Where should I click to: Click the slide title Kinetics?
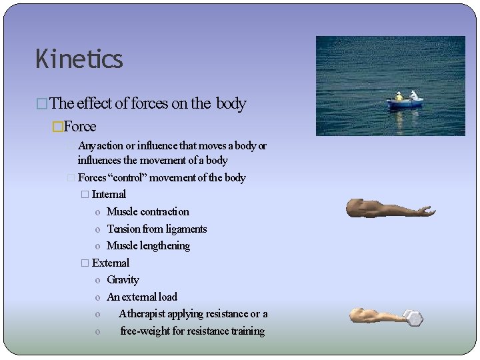pyautogui.click(x=79, y=59)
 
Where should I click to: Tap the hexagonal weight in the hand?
pyautogui.click(x=413, y=318)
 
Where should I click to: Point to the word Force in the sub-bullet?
pyautogui.click(x=80, y=127)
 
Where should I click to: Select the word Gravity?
pyautogui.click(x=123, y=280)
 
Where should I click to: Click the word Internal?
pyautogui.click(x=109, y=195)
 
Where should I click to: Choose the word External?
pyautogui.click(x=111, y=263)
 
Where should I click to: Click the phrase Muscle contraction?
pyautogui.click(x=147, y=212)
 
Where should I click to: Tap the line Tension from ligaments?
pyautogui.click(x=157, y=229)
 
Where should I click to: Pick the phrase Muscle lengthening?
pyautogui.click(x=148, y=246)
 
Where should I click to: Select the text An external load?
pyautogui.click(x=142, y=297)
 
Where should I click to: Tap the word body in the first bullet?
pyautogui.click(x=231, y=103)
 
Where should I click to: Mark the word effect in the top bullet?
pyautogui.click(x=94, y=103)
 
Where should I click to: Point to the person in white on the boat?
pyautogui.click(x=414, y=95)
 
